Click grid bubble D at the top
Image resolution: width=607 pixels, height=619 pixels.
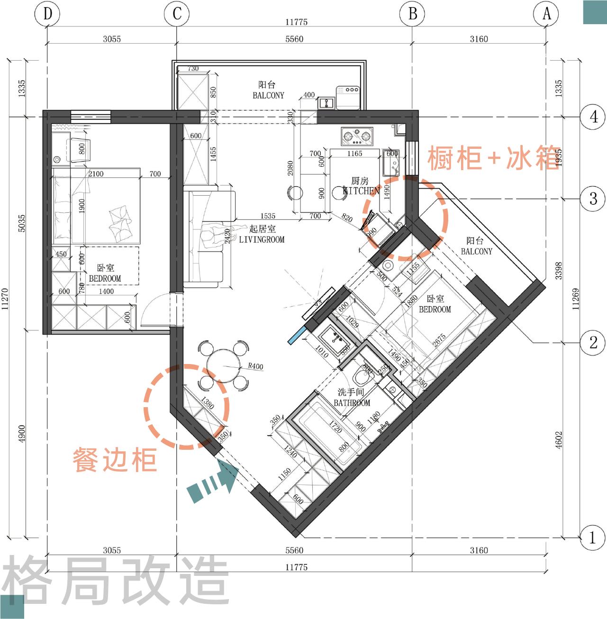[47, 14]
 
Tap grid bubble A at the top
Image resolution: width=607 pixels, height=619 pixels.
[546, 14]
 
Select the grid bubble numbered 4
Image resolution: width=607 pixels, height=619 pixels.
[593, 117]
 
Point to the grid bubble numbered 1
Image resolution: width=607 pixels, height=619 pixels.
[592, 537]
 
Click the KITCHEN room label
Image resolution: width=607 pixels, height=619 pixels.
[361, 191]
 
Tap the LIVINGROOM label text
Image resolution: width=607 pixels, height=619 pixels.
[262, 239]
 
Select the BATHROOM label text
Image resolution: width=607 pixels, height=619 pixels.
[352, 403]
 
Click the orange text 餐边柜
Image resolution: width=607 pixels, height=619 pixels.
[115, 460]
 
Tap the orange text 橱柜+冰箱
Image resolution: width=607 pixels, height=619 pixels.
[494, 158]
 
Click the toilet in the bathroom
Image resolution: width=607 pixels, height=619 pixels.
[364, 377]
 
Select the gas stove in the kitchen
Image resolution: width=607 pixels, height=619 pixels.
[356, 137]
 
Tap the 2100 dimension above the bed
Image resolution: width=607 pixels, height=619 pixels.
[96, 174]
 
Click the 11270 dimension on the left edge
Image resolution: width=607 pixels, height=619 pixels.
[5, 299]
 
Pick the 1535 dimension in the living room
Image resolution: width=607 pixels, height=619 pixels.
[268, 216]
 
